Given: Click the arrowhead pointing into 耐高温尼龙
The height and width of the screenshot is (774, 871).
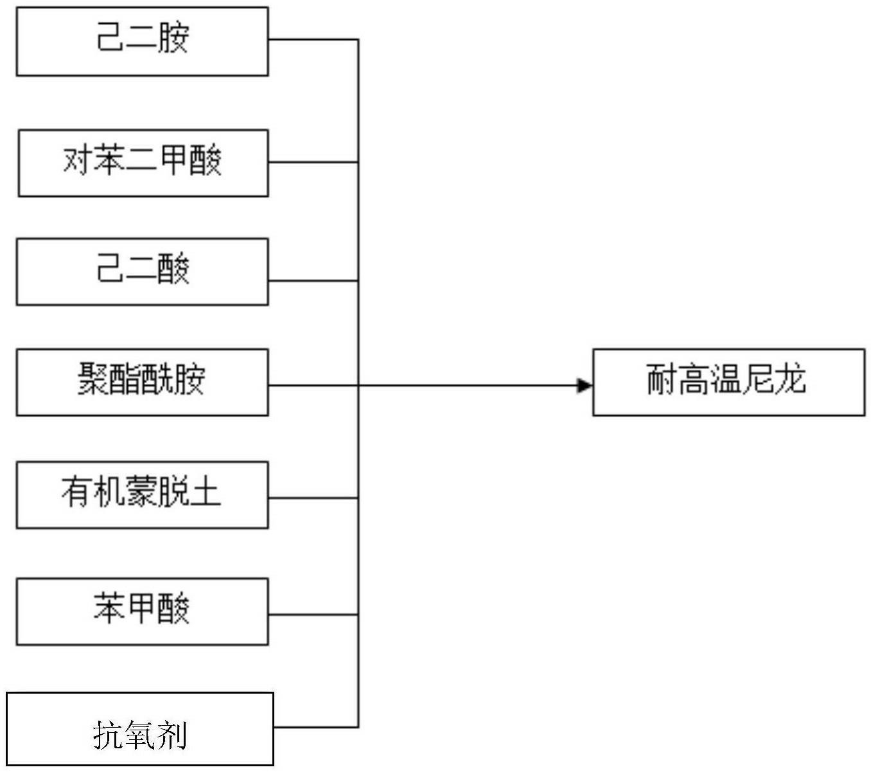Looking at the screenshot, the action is pos(585,386).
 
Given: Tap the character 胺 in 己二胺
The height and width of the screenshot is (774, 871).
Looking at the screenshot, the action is pos(173,38).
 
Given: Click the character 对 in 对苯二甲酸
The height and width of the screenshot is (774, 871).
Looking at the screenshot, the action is pos(78,160).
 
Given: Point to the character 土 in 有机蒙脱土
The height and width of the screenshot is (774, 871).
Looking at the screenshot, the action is pos(205,492).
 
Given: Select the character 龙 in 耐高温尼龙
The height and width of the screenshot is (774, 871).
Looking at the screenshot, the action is pos(790,379).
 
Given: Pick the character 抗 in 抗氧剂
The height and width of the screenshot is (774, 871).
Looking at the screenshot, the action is pos(109,735).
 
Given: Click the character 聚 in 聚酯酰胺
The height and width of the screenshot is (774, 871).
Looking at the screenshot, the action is pos(94,379).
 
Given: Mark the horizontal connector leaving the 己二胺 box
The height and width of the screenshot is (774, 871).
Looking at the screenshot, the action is pos(313,40).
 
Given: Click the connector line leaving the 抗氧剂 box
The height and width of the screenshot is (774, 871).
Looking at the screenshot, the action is pos(317,727).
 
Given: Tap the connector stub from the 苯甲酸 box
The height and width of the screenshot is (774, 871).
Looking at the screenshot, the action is pos(313,615).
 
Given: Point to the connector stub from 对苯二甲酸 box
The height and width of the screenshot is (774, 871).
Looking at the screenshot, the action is pos(313,162).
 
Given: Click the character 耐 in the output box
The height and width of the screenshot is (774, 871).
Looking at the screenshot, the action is pos(662,379).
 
